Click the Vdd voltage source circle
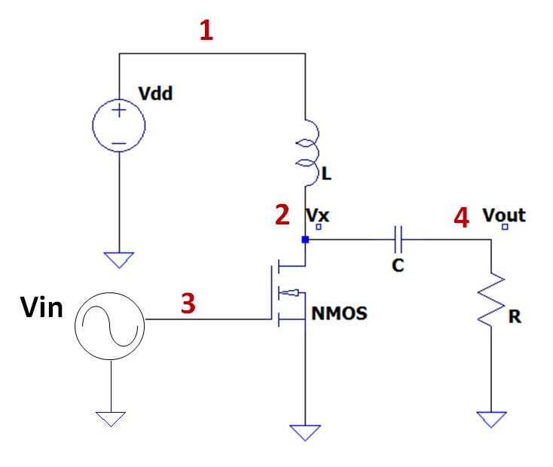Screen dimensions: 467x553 119,126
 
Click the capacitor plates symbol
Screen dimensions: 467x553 399,240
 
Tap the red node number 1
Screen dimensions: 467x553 206,31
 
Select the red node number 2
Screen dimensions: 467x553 283,216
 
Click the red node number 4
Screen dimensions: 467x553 461,218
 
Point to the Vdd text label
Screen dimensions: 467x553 156,93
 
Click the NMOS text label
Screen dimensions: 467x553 339,313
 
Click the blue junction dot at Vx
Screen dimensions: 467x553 305,240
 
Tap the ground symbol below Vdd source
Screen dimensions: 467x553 119,260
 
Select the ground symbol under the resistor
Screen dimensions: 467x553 491,420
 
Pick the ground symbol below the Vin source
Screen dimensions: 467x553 111,419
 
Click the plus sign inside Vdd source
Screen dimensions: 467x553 119,111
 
